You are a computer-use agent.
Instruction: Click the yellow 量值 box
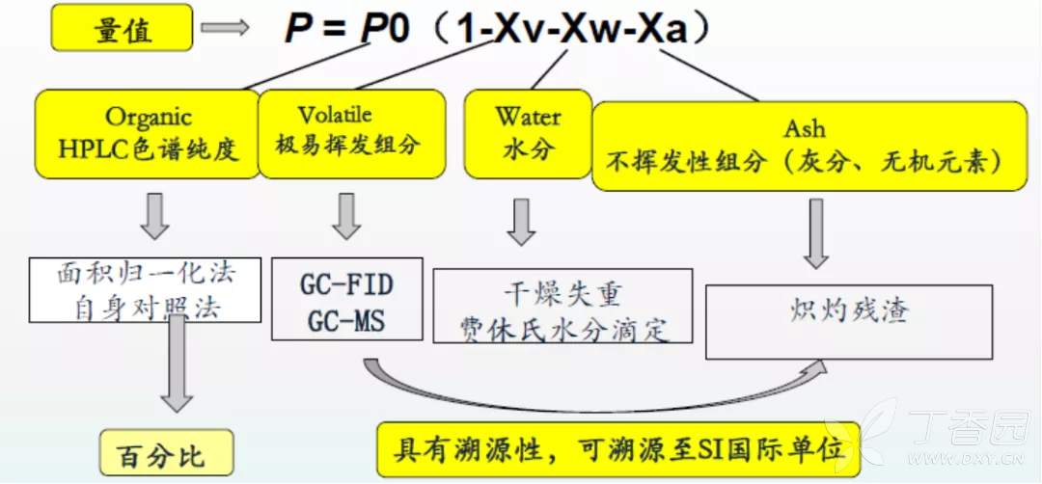124,30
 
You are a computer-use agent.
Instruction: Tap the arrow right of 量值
224,29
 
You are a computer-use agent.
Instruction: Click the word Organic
149,118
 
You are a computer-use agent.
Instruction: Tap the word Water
528,117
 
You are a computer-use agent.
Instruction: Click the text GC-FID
347,286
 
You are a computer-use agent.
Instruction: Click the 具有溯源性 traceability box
617,448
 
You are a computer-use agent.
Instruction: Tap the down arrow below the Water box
522,222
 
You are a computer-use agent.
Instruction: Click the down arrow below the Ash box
816,233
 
